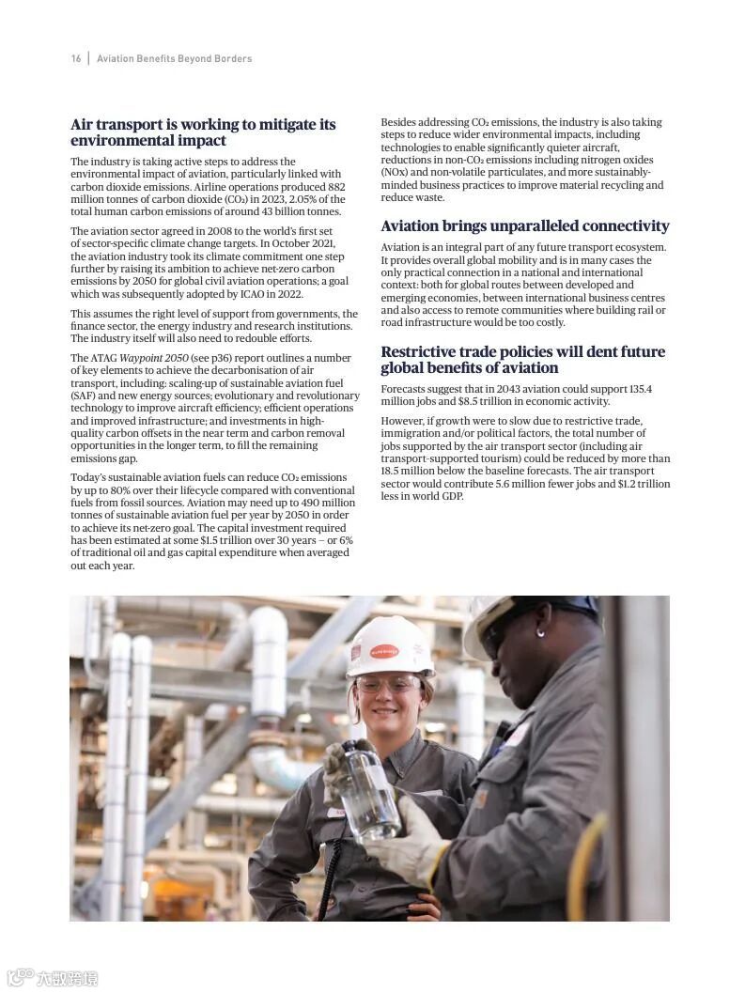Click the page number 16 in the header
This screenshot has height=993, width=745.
[76, 58]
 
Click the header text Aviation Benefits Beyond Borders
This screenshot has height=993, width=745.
[175, 58]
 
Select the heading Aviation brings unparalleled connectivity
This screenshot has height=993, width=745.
[524, 226]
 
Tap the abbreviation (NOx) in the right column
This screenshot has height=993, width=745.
[396, 173]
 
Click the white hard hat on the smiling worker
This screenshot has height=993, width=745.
[389, 645]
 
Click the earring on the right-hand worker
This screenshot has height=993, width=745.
[541, 633]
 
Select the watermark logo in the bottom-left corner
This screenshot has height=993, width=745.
[52, 977]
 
